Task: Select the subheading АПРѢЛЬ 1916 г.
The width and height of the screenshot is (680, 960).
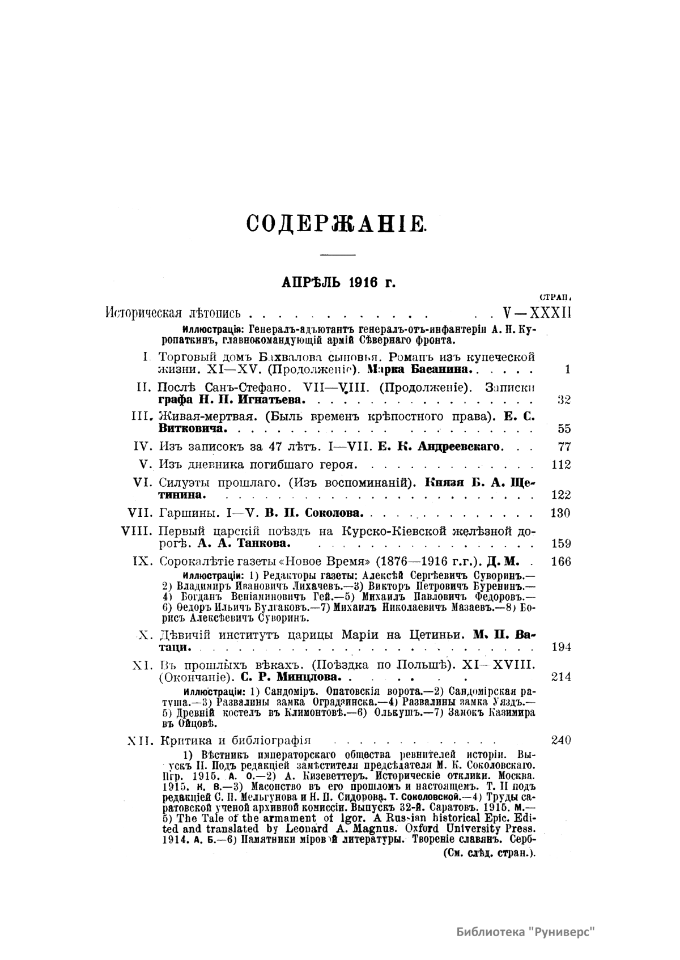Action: [x=338, y=283]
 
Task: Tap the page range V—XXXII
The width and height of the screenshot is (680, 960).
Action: [x=537, y=312]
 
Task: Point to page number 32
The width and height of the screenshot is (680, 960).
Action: [x=563, y=400]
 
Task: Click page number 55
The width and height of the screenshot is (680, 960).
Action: [x=564, y=429]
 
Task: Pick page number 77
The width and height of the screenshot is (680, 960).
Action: [x=564, y=447]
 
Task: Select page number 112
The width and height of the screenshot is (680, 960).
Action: [x=561, y=465]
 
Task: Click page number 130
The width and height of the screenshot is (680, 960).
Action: [x=561, y=513]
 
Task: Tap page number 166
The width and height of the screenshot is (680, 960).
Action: [x=561, y=562]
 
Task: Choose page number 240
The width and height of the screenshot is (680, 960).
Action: [x=561, y=740]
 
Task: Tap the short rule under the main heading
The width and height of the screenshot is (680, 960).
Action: [x=337, y=254]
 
